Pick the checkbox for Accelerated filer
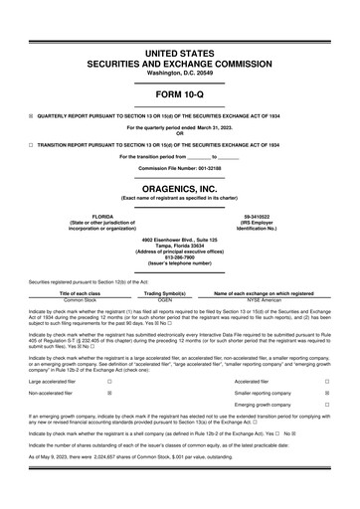[326, 381]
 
